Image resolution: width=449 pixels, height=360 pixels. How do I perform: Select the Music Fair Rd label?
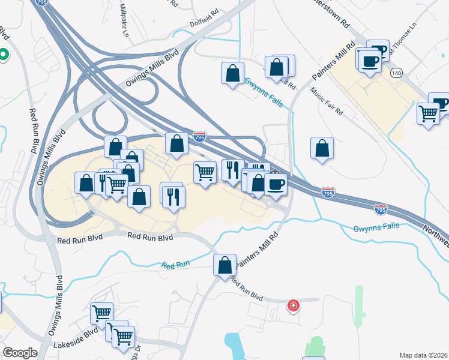pos(327,102)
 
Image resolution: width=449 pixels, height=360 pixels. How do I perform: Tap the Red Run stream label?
pos(175,265)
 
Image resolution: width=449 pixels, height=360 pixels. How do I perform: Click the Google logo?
pos(20,353)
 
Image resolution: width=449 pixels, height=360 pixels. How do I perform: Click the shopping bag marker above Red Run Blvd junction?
pos(224,265)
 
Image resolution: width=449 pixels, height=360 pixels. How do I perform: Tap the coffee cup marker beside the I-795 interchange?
pos(276,184)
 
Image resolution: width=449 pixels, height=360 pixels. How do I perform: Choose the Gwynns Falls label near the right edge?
pos(376,228)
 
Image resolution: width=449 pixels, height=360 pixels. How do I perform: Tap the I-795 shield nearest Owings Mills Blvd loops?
pos(200,137)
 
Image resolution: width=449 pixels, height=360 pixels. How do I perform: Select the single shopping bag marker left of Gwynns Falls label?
pos(232,74)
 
